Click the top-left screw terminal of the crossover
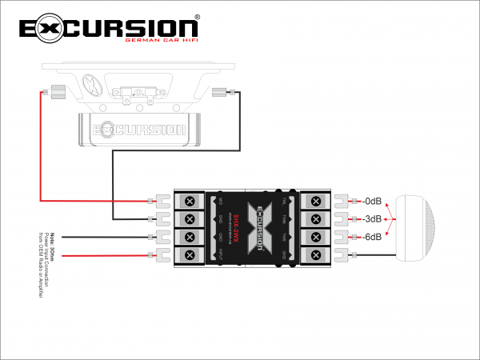(x=190, y=202)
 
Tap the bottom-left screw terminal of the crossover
(x=190, y=255)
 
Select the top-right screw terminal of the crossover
(x=316, y=202)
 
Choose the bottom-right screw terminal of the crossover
(x=316, y=255)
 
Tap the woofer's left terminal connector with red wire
(x=57, y=91)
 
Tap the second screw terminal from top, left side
(x=190, y=219)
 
